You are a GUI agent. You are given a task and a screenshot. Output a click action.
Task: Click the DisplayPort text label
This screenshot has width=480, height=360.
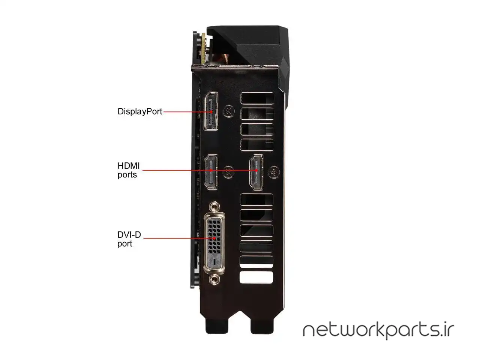140,111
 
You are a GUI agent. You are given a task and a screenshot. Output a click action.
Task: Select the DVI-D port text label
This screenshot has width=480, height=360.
129,239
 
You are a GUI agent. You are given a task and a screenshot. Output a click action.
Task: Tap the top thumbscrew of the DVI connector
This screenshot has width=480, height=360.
214,206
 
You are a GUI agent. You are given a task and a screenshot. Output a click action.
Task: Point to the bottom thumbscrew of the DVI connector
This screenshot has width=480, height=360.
214,279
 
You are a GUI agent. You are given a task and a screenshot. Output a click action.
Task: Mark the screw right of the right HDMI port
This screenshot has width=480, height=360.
275,171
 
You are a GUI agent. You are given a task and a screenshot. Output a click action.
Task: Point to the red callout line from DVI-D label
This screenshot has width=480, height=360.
176,238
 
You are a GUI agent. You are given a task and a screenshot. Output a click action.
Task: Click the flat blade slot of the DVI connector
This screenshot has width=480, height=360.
213,262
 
